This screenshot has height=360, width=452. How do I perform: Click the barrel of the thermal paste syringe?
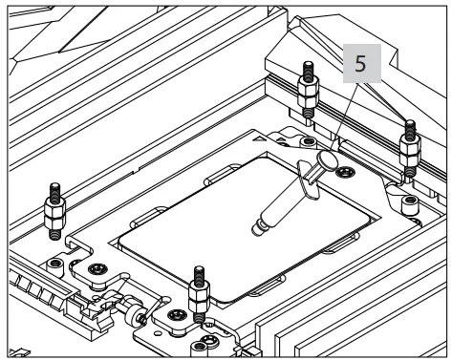(285, 202)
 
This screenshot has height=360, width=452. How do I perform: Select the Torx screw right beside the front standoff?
(175, 314)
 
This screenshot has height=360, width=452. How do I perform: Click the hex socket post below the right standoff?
(410, 201)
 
